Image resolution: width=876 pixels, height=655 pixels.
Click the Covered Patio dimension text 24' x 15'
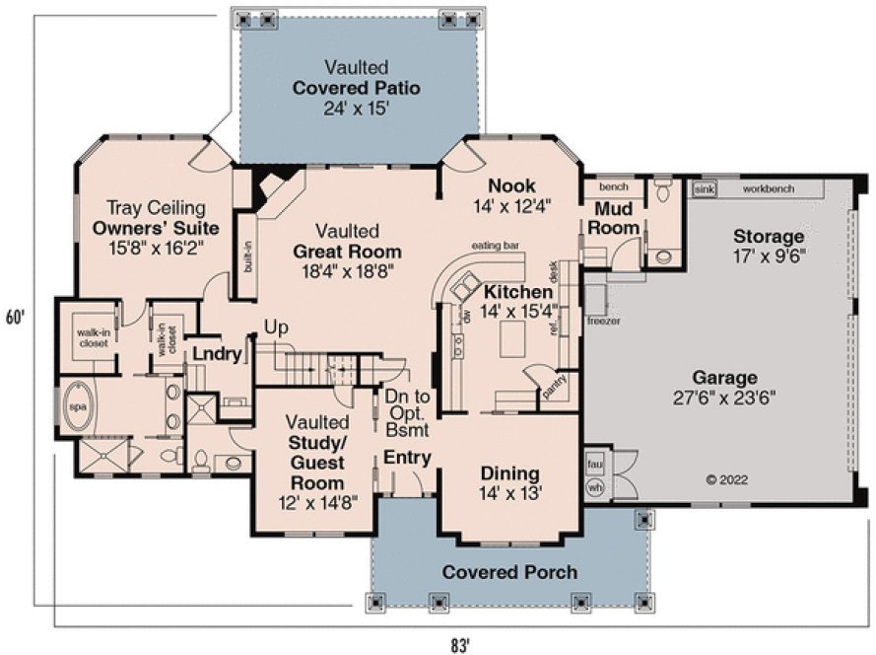click(357, 108)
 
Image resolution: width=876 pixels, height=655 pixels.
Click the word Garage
click(723, 378)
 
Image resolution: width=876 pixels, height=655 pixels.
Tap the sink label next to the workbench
click(704, 187)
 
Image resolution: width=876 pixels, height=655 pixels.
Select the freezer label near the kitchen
click(603, 321)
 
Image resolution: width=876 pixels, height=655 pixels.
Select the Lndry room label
click(217, 354)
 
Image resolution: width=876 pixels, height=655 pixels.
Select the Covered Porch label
click(509, 572)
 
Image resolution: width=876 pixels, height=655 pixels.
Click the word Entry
click(406, 457)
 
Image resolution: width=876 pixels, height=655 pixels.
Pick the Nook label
click(510, 185)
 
